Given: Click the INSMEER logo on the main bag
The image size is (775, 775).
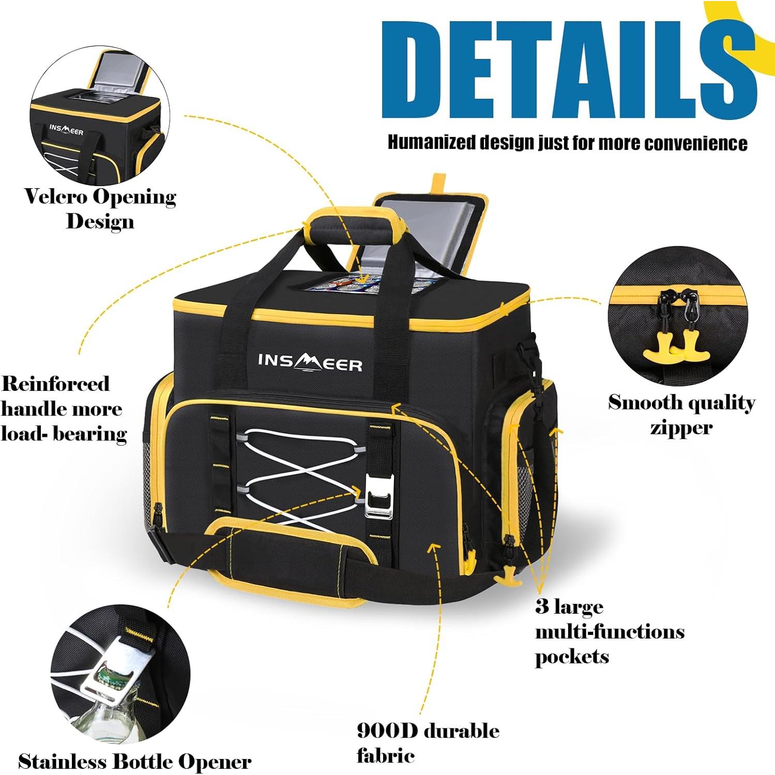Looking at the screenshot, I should (310, 363).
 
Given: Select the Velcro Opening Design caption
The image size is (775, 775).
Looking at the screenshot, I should (100, 208).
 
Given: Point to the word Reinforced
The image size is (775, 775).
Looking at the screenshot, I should (55, 384).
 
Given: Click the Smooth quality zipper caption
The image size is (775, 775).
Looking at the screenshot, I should (681, 415).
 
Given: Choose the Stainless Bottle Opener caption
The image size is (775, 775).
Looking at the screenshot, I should (134, 762).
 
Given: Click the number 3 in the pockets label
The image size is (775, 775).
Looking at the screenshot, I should (542, 606).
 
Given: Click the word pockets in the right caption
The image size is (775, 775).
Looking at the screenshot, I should (572, 657).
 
